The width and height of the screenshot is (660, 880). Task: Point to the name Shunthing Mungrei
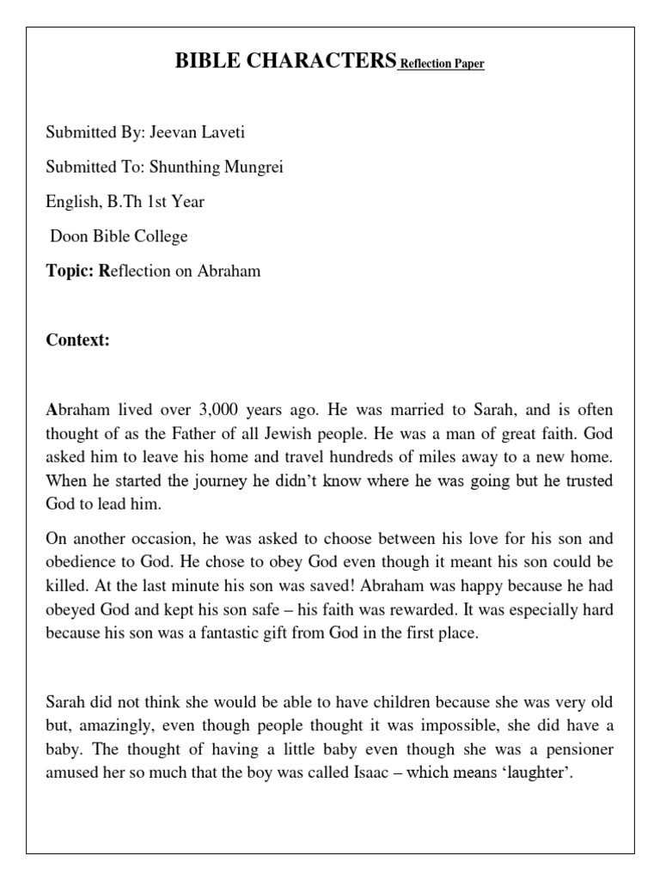pos(217,167)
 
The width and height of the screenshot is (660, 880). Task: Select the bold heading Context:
pos(77,340)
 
